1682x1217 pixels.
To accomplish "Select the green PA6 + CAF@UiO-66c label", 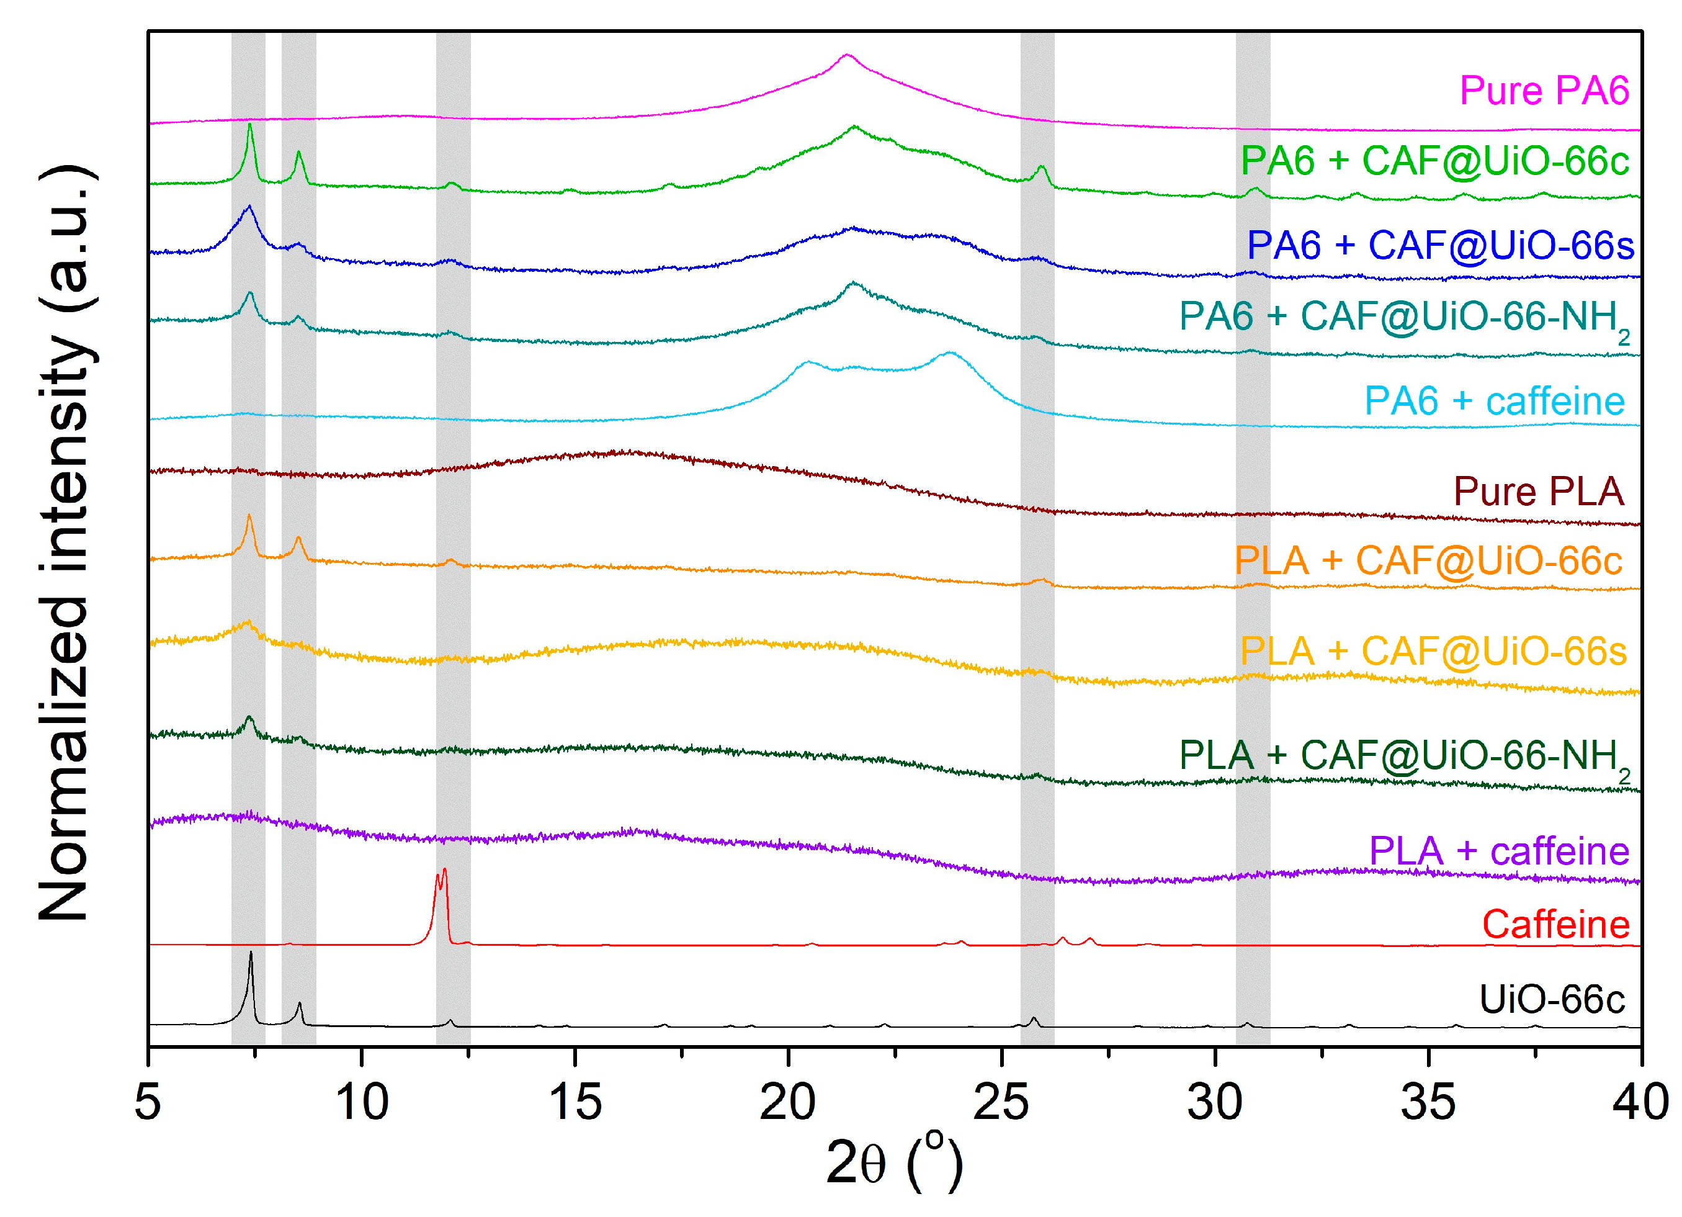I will coord(1434,161).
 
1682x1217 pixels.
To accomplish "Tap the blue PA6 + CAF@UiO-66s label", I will coord(1439,246).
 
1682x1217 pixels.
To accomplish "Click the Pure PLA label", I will coord(1538,492).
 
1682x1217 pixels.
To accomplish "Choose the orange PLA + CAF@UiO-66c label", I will coord(1428,560).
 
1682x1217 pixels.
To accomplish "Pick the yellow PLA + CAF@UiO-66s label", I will coord(1433,651).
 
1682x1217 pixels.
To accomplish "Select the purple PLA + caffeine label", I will coord(1498,851).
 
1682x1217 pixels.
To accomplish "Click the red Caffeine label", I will coord(1555,925).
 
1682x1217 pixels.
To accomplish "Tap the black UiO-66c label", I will coord(1552,999).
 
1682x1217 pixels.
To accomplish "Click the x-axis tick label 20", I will coord(787,1102).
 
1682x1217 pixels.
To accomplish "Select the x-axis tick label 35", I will coord(1428,1102).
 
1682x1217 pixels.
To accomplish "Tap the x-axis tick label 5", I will coord(148,1102).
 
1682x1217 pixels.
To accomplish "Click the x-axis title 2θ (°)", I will coord(893,1163).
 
